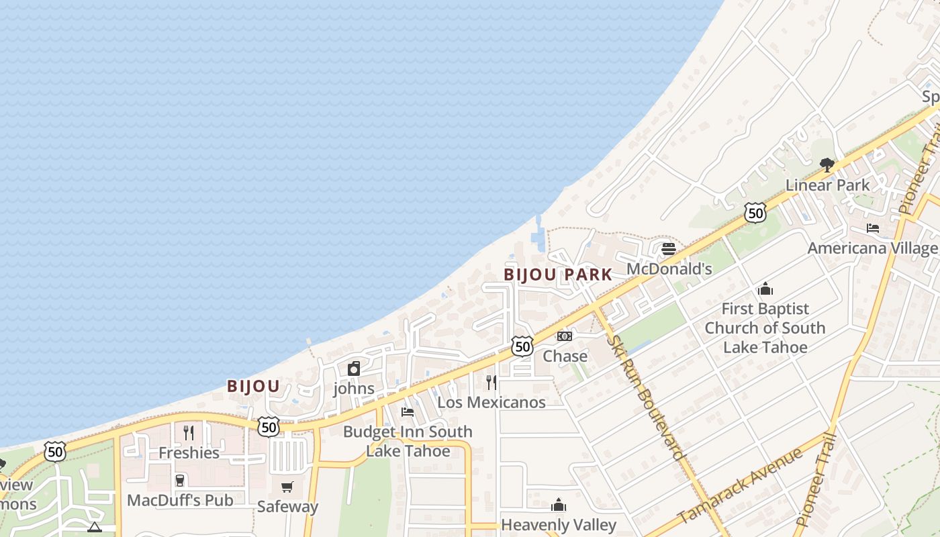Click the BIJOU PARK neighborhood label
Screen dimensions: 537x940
[x=558, y=275]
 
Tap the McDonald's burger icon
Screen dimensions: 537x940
[x=668, y=249]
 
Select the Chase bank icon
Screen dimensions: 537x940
[x=565, y=336]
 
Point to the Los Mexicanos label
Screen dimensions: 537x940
[x=491, y=402]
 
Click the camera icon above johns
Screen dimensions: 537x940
[x=354, y=369]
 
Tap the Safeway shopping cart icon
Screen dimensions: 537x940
[x=287, y=487]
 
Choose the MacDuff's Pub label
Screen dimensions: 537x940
[x=180, y=500]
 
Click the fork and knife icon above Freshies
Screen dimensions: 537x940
[x=189, y=433]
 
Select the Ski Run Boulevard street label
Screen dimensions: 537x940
[x=647, y=398]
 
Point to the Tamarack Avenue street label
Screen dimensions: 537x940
[x=740, y=485]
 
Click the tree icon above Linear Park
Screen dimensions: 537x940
[x=827, y=164]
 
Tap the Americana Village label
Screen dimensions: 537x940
[x=872, y=248]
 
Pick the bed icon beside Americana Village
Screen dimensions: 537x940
[x=873, y=228]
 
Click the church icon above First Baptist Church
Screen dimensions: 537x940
[x=765, y=289]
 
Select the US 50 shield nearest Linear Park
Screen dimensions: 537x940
[x=755, y=213]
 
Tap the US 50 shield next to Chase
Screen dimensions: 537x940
[x=522, y=346]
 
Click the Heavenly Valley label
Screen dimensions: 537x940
[x=559, y=524]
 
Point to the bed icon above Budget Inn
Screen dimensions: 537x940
[x=408, y=412]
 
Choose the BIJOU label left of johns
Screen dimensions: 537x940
[x=253, y=387]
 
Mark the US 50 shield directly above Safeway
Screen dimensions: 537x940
[x=269, y=426]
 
